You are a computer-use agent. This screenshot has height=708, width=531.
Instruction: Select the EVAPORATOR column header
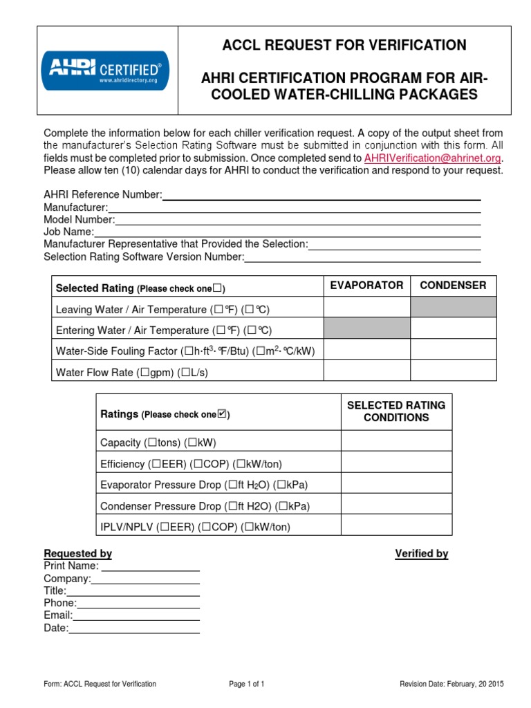366,286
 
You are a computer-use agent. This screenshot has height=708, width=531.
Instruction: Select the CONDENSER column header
453,286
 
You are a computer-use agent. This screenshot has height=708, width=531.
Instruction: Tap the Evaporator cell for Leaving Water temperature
366,308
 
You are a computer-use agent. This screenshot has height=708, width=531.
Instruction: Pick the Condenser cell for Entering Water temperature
453,328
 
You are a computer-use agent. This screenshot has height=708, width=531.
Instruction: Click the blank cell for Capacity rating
396,441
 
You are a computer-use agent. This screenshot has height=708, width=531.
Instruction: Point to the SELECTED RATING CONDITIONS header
396,411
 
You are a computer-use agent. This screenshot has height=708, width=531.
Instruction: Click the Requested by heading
77,554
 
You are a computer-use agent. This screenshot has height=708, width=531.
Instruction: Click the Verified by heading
421,554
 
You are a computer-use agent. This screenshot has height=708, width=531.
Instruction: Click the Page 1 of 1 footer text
247,684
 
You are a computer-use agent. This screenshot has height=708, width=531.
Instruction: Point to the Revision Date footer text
451,684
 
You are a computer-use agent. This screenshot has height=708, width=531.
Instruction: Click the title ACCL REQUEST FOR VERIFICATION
344,46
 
